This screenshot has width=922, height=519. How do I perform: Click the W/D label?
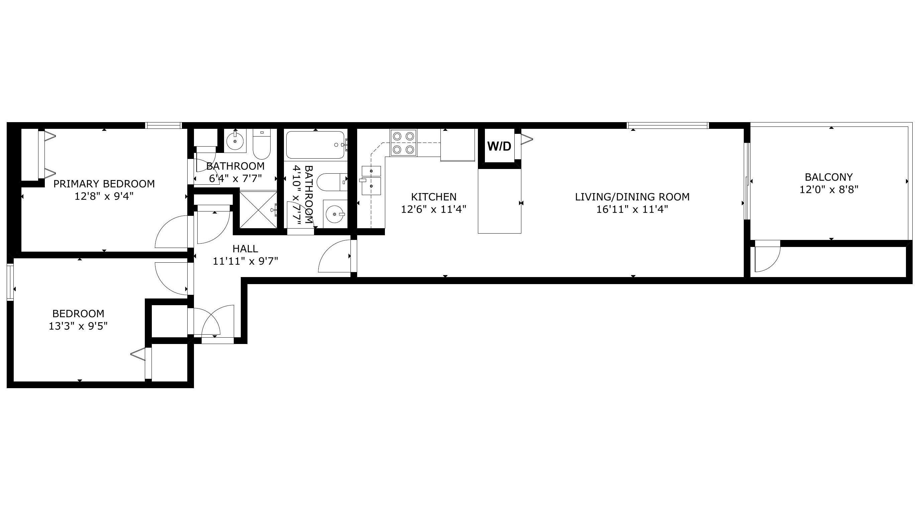pyautogui.click(x=499, y=146)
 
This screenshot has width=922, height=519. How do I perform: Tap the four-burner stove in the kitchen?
pyautogui.click(x=404, y=142)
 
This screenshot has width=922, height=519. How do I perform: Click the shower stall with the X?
pyautogui.click(x=258, y=209)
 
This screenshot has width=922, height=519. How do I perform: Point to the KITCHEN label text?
pyautogui.click(x=433, y=197)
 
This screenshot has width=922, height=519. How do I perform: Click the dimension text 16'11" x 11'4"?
pyautogui.click(x=632, y=209)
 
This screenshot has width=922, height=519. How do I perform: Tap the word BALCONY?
pyautogui.click(x=829, y=177)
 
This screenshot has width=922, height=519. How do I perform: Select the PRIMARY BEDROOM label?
pyautogui.click(x=104, y=184)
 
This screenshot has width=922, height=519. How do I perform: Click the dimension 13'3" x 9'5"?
pyautogui.click(x=78, y=326)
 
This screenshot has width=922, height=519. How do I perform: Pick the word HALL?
pyautogui.click(x=245, y=249)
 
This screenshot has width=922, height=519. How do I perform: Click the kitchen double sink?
pyautogui.click(x=371, y=180)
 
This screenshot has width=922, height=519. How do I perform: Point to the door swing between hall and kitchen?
pyautogui.click(x=334, y=256)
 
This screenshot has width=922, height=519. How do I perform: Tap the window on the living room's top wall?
pyautogui.click(x=668, y=125)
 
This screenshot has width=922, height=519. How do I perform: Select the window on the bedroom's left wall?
pyautogui.click(x=10, y=282)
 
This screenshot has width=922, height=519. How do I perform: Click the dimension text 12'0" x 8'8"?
pyautogui.click(x=829, y=189)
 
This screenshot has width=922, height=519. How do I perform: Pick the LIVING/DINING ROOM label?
pyautogui.click(x=632, y=197)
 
